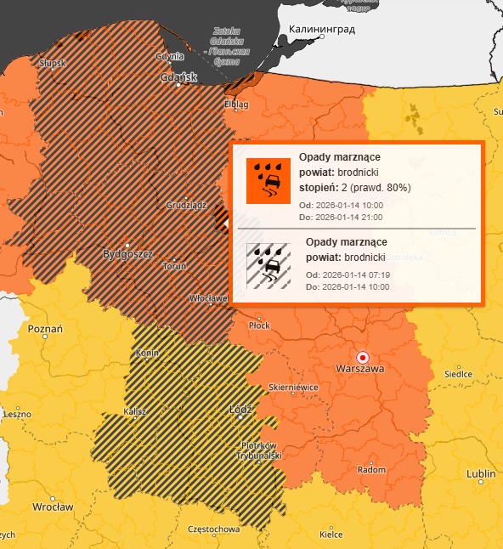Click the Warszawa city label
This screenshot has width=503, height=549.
coord(360,370)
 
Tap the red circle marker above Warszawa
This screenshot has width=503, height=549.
coord(363,357)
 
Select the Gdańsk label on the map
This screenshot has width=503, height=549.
coord(179,77)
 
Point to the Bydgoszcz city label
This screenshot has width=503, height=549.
coord(127,254)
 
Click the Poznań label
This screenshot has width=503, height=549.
coord(46,329)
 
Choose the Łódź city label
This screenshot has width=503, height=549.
coord(242,410)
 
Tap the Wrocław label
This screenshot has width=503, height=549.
coord(53,507)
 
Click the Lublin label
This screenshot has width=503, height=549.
coord(482,474)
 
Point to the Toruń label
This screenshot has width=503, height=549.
coord(176,266)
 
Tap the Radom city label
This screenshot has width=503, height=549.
coord(371,469)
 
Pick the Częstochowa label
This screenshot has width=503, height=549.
coord(213,529)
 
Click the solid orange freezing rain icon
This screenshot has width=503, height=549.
coord(268,181)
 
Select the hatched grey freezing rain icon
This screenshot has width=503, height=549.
coord(268,267)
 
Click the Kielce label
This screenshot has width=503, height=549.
coord(331,535)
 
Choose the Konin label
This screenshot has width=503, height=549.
coord(149,353)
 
